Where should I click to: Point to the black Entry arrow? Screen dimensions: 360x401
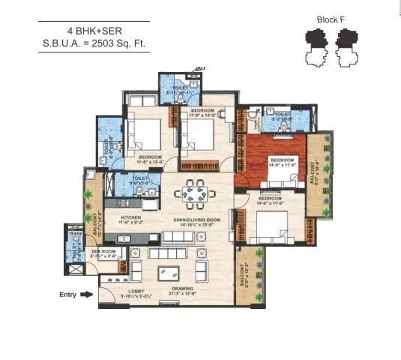(87, 295)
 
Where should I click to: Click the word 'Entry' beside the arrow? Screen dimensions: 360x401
(68, 295)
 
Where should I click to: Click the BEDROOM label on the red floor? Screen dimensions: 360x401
(283, 160)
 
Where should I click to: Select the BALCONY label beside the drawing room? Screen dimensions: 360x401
(242, 279)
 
